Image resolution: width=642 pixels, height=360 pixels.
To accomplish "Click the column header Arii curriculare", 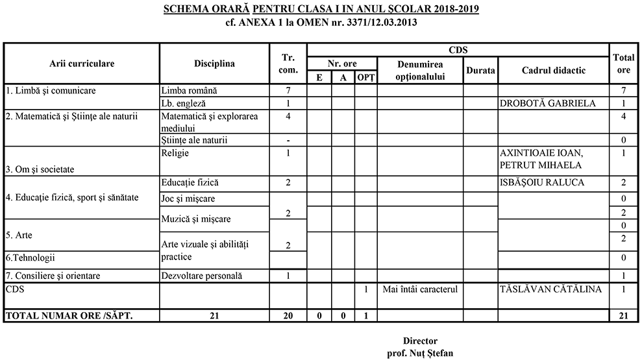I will (82, 64).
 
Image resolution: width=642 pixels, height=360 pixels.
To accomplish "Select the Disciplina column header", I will (214, 64).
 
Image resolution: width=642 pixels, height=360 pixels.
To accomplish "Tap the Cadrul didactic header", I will (554, 70).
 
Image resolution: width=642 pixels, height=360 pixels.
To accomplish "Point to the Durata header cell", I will (480, 70).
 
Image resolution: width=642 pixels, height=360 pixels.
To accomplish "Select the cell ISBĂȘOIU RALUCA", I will (541, 183).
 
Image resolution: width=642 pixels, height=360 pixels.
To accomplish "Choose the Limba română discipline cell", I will (188, 90).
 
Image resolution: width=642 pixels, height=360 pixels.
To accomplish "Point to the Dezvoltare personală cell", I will (201, 276).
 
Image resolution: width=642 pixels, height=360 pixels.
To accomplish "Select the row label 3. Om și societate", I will (40, 169).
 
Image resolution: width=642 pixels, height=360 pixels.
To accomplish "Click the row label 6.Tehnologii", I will (30, 258).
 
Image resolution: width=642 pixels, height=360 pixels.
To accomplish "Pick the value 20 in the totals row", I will (288, 316).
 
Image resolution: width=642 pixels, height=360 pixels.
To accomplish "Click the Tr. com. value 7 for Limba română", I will (288, 90).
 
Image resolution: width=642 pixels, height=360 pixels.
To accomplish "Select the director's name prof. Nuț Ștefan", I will (420, 354).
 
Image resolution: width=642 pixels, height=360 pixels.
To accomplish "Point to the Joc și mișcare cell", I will (188, 198).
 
